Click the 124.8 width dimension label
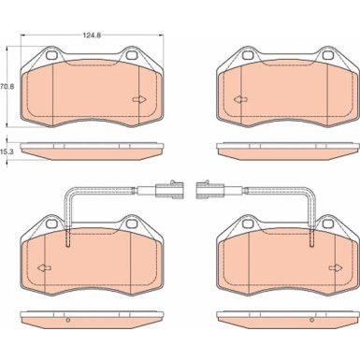point(92,36)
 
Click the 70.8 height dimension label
point(7,86)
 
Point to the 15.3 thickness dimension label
point(7,151)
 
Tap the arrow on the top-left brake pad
point(139,99)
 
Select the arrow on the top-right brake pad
point(240,99)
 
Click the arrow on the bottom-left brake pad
point(44,267)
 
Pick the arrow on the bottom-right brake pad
point(336,267)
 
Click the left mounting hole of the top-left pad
point(50,55)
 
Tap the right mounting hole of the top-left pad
point(131,55)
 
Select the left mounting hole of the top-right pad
point(248,55)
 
